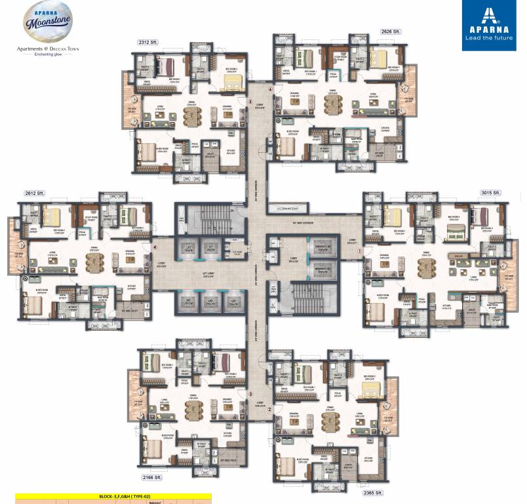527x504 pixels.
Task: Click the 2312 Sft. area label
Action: click(x=149, y=42)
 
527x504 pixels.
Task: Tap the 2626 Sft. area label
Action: click(x=391, y=30)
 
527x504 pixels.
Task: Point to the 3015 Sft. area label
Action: click(x=490, y=193)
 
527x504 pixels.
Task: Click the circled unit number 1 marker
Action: click(x=359, y=250)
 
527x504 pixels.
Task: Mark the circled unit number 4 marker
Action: click(x=155, y=247)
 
